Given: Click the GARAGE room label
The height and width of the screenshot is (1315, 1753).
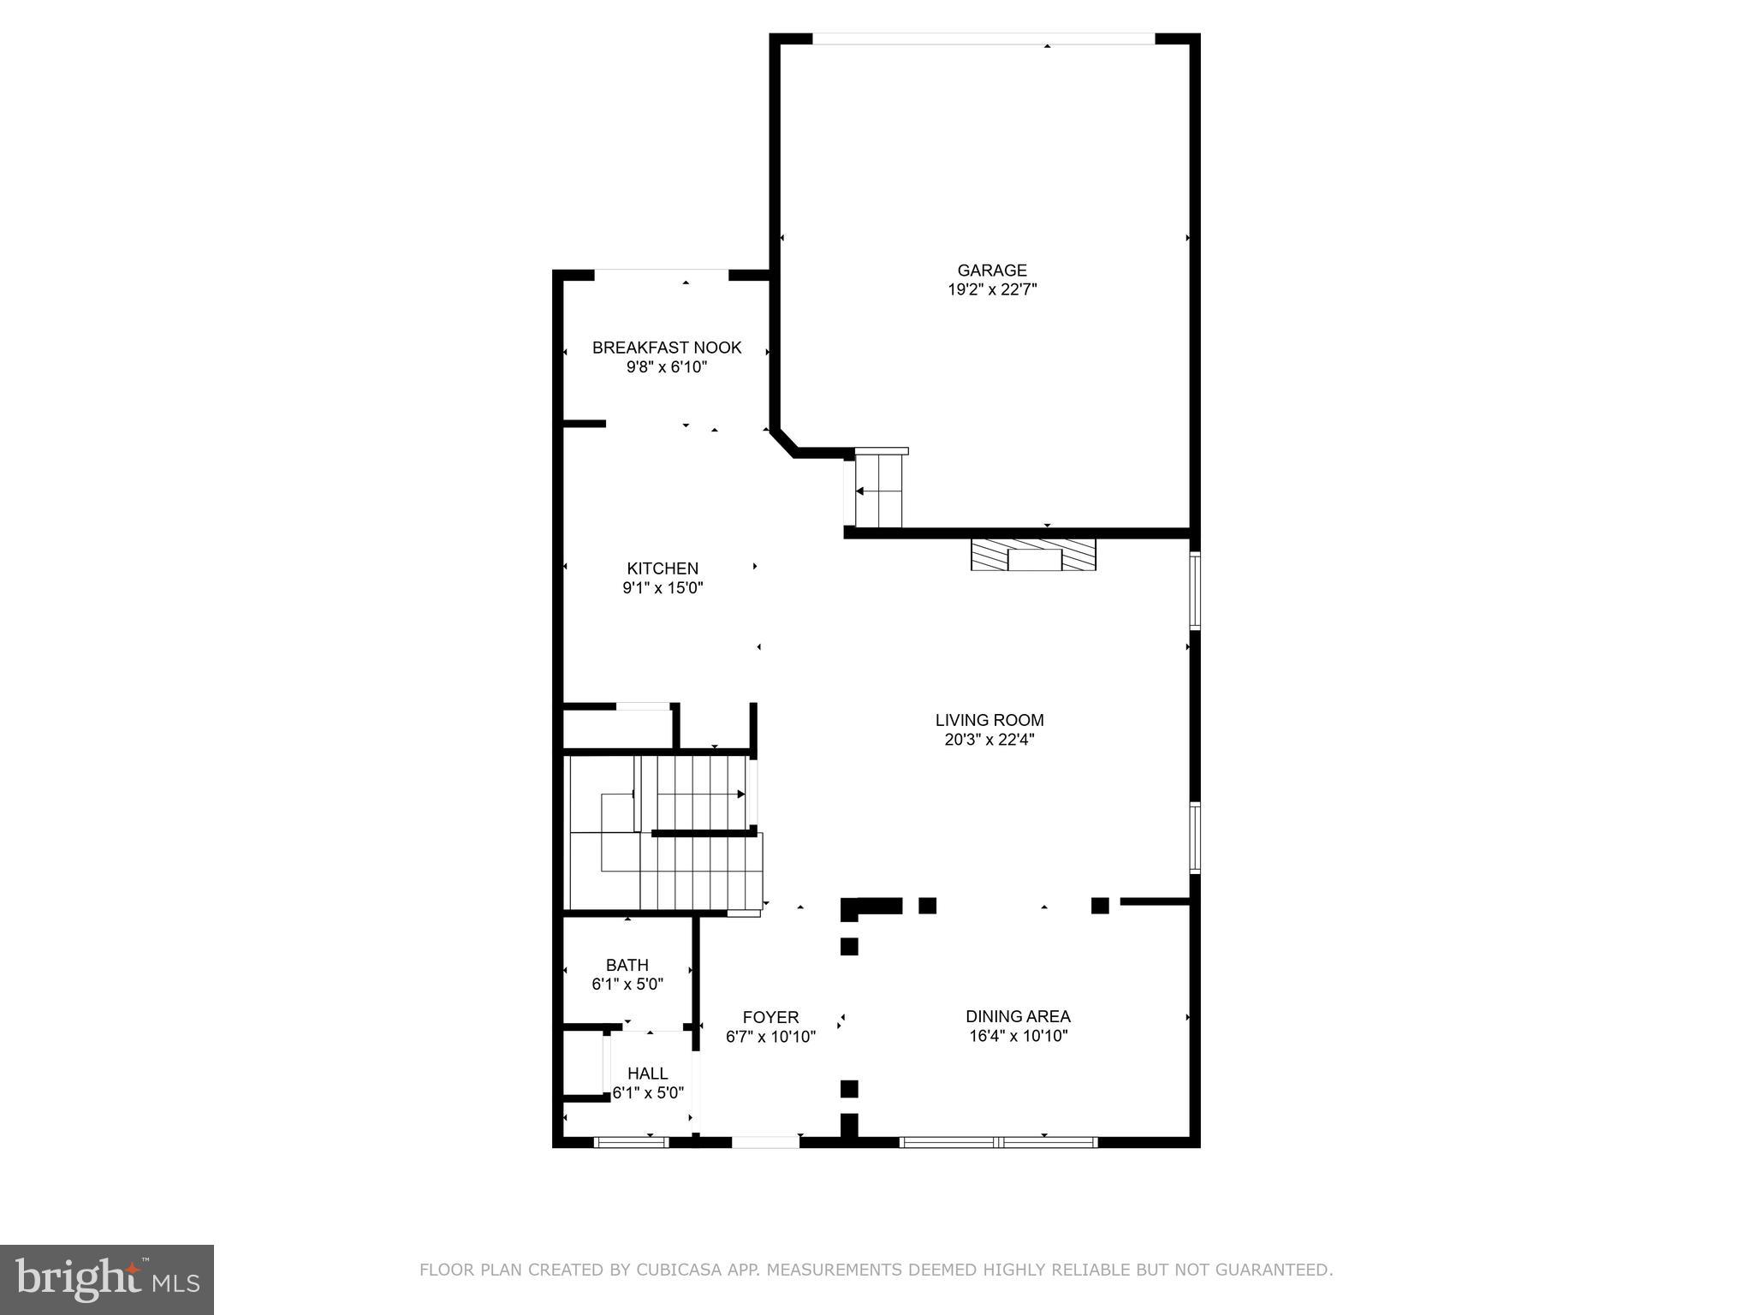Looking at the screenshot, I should (x=991, y=271).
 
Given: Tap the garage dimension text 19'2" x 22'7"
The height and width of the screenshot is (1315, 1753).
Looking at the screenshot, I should (x=991, y=290).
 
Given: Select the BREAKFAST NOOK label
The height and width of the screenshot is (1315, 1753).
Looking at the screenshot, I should (x=667, y=348).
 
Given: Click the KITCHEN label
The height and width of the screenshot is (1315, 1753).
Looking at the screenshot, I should (x=663, y=568).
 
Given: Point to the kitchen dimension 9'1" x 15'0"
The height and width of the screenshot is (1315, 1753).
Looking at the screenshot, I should (x=663, y=588).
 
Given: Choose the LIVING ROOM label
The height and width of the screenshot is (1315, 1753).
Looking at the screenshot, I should (x=989, y=721).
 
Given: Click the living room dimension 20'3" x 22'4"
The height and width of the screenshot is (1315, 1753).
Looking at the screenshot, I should (x=989, y=741).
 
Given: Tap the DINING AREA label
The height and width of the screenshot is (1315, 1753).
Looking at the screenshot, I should (x=1018, y=1017).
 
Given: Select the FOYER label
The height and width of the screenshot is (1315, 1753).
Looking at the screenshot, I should (x=770, y=1018).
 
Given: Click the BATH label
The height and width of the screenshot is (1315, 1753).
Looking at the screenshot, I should (x=627, y=966).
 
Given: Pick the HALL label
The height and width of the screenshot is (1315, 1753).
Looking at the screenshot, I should (x=647, y=1074).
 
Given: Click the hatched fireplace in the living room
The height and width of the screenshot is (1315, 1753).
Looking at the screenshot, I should (x=1033, y=556).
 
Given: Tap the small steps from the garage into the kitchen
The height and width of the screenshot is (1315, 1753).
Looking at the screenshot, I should (x=879, y=491).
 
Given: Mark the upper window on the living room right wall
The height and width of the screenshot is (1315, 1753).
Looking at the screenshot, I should (x=1195, y=591).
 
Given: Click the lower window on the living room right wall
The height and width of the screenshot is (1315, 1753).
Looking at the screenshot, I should (x=1195, y=837).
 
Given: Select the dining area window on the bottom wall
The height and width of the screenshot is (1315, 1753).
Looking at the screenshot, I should (x=998, y=1141).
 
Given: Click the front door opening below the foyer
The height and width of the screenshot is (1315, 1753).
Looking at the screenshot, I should (x=765, y=1141).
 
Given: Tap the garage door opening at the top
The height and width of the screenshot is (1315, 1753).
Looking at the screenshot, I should (x=983, y=39).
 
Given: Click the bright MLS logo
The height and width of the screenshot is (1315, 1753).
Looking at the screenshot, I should (x=107, y=1279).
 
